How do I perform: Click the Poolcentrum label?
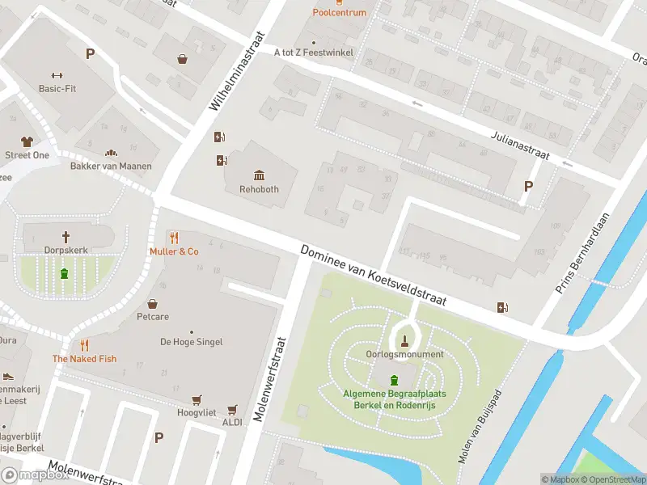tap(339, 12)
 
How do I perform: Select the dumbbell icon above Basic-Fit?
tap(57, 74)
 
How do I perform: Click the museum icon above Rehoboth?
tap(259, 175)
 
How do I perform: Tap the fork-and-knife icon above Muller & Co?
tap(174, 238)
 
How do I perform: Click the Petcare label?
tap(152, 317)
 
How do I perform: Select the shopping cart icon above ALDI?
tap(233, 409)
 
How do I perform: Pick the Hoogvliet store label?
tap(196, 412)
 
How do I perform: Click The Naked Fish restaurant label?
tap(85, 359)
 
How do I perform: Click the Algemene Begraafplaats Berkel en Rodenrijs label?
tap(394, 399)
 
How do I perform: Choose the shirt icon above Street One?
tap(27, 141)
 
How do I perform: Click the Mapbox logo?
tap(35, 475)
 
